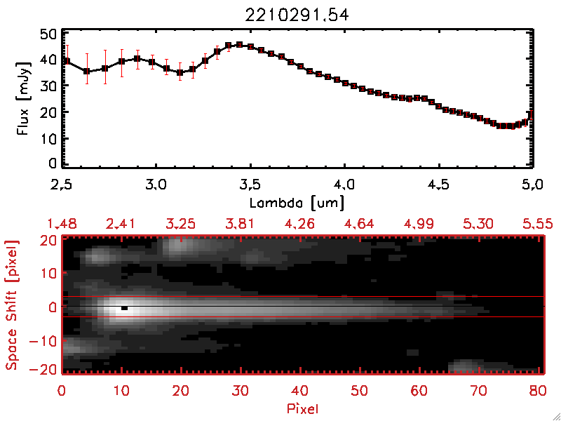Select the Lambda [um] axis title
tap(297, 203)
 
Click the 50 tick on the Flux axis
tap(47, 34)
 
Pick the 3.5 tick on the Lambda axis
tap(250, 186)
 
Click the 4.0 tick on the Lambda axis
tap(344, 186)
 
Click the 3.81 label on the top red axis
tap(241, 224)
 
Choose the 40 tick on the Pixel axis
tap(301, 389)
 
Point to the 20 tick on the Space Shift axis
tap(47, 240)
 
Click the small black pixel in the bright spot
tap(124, 307)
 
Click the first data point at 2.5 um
tap(65, 61)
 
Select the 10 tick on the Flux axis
tap(47, 138)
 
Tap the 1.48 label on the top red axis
tap(62, 224)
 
